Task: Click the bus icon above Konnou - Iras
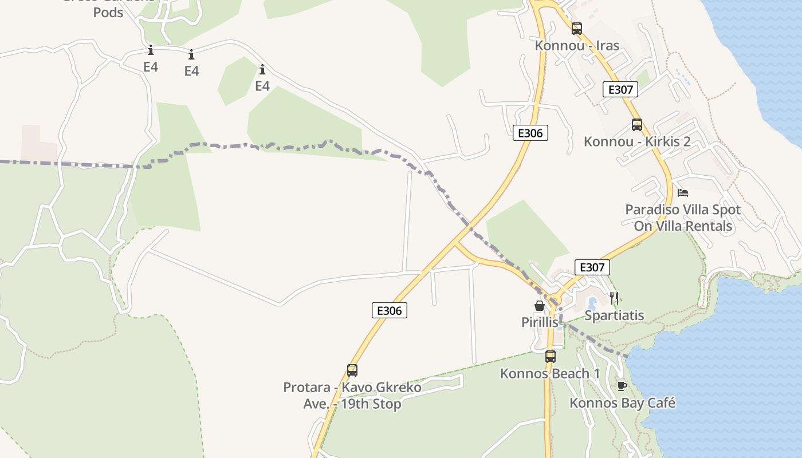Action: (x=577, y=28)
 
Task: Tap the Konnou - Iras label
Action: (x=577, y=45)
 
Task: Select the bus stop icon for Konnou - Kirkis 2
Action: (x=636, y=124)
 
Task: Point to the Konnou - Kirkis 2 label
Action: (x=637, y=141)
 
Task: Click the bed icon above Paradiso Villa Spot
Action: (x=682, y=192)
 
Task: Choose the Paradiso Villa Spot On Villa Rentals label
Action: (x=683, y=218)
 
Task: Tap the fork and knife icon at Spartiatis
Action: (x=614, y=298)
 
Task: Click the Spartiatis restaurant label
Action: (x=614, y=315)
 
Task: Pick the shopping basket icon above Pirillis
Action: (x=539, y=306)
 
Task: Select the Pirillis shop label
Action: (x=539, y=322)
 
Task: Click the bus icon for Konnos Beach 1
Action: (x=550, y=357)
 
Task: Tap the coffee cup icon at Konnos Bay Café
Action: (x=622, y=386)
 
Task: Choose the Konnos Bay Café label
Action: (x=622, y=403)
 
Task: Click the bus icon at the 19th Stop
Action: (x=352, y=370)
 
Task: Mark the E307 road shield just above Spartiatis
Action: (x=592, y=267)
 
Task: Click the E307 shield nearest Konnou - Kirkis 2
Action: (x=620, y=90)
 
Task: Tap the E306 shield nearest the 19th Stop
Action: (x=390, y=311)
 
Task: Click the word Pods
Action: (x=108, y=12)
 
